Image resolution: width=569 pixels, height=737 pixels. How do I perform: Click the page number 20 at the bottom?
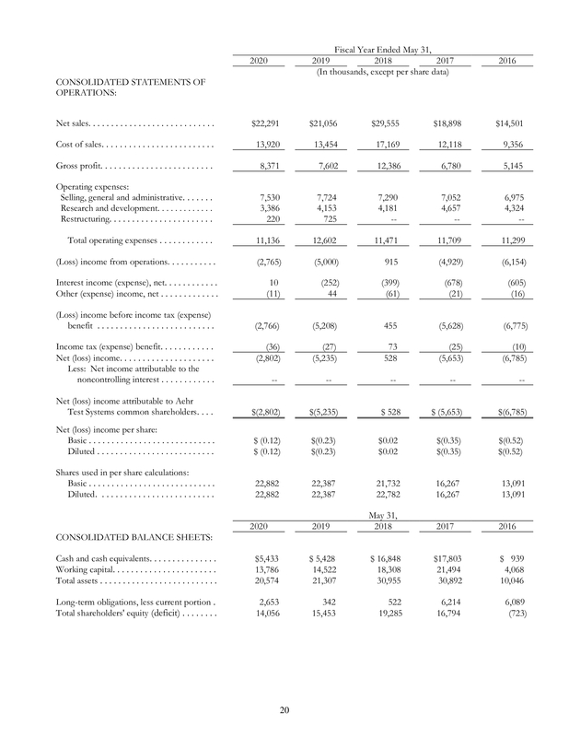pyautogui.click(x=284, y=710)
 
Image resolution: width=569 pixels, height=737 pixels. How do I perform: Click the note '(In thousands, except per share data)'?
pyautogui.click(x=382, y=73)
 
